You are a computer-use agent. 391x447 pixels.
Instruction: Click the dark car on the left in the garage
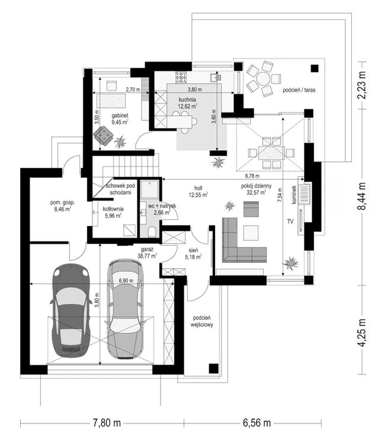click(70, 310)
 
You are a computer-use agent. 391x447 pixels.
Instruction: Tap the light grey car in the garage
click(125, 308)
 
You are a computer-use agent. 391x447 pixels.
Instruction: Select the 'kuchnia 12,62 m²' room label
click(187, 103)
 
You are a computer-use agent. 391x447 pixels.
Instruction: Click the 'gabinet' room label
click(120, 115)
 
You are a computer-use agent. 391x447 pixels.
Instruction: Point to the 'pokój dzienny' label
click(256, 186)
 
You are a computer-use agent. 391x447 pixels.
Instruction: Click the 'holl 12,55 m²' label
click(198, 192)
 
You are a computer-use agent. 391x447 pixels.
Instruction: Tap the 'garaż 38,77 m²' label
click(147, 253)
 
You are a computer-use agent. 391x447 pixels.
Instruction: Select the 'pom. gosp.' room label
click(62, 202)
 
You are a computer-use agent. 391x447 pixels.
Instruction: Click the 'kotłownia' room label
click(113, 209)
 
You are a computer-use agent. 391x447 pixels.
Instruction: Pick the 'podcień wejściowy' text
click(201, 321)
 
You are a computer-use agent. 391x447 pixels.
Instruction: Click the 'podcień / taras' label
click(299, 90)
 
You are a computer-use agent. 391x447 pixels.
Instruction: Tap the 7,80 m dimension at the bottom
click(107, 423)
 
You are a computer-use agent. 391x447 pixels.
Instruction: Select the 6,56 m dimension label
click(257, 423)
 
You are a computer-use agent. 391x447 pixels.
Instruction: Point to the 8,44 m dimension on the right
click(361, 196)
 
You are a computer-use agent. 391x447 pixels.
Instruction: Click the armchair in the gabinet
click(103, 136)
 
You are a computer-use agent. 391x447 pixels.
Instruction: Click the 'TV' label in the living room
click(290, 221)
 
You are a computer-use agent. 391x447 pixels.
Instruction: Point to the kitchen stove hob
click(181, 77)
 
